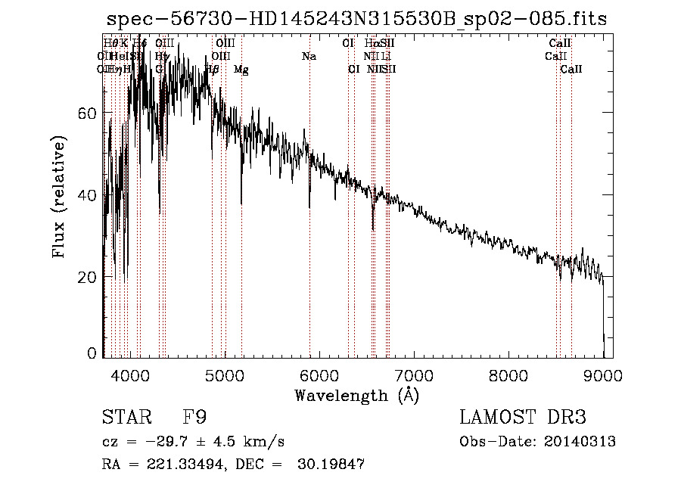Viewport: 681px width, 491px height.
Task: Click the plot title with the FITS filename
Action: click(x=356, y=19)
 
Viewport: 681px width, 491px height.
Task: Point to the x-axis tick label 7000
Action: click(x=414, y=374)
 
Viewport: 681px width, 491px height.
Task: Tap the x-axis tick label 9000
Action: click(x=603, y=374)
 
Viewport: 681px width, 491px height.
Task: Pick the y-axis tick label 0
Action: click(x=92, y=353)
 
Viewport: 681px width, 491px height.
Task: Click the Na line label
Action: click(x=309, y=57)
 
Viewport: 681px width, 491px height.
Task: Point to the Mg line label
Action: click(x=241, y=70)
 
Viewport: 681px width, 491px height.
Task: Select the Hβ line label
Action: click(x=213, y=70)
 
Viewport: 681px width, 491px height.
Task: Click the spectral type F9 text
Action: click(x=195, y=418)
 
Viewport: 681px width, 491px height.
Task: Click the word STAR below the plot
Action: click(x=123, y=418)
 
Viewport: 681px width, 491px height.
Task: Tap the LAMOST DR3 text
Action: click(x=522, y=418)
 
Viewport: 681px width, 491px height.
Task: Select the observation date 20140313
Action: click(x=580, y=442)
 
